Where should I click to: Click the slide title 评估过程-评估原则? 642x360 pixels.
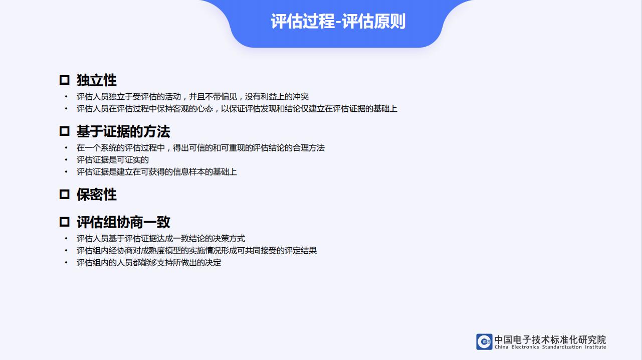(x=338, y=21)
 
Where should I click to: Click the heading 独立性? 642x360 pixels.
(x=97, y=80)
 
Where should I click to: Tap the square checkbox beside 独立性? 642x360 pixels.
(x=65, y=80)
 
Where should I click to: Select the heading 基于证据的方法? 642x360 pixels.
(x=123, y=131)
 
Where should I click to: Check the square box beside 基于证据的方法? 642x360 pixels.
(x=65, y=131)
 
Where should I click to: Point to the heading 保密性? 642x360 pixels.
(x=97, y=195)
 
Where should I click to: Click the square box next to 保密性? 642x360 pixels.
(x=65, y=195)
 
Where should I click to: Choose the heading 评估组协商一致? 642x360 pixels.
(x=123, y=222)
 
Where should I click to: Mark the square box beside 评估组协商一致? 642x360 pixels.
(x=65, y=222)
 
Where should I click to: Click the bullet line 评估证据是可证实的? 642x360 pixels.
(x=113, y=159)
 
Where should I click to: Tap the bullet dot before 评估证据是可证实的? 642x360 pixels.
(x=66, y=159)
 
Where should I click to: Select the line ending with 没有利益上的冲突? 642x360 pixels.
(x=192, y=97)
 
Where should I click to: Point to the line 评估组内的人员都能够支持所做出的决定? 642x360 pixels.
(x=149, y=263)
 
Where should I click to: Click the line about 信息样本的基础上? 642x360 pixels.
(x=156, y=171)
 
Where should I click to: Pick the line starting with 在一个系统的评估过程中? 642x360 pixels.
(x=200, y=147)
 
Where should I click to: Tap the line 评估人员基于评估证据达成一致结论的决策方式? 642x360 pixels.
(x=161, y=239)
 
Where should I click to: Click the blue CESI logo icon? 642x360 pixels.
(x=484, y=341)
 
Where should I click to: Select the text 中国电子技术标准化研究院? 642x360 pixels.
(x=550, y=339)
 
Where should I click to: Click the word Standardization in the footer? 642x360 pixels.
(x=562, y=347)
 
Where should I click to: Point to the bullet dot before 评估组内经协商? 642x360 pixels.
(x=66, y=251)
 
